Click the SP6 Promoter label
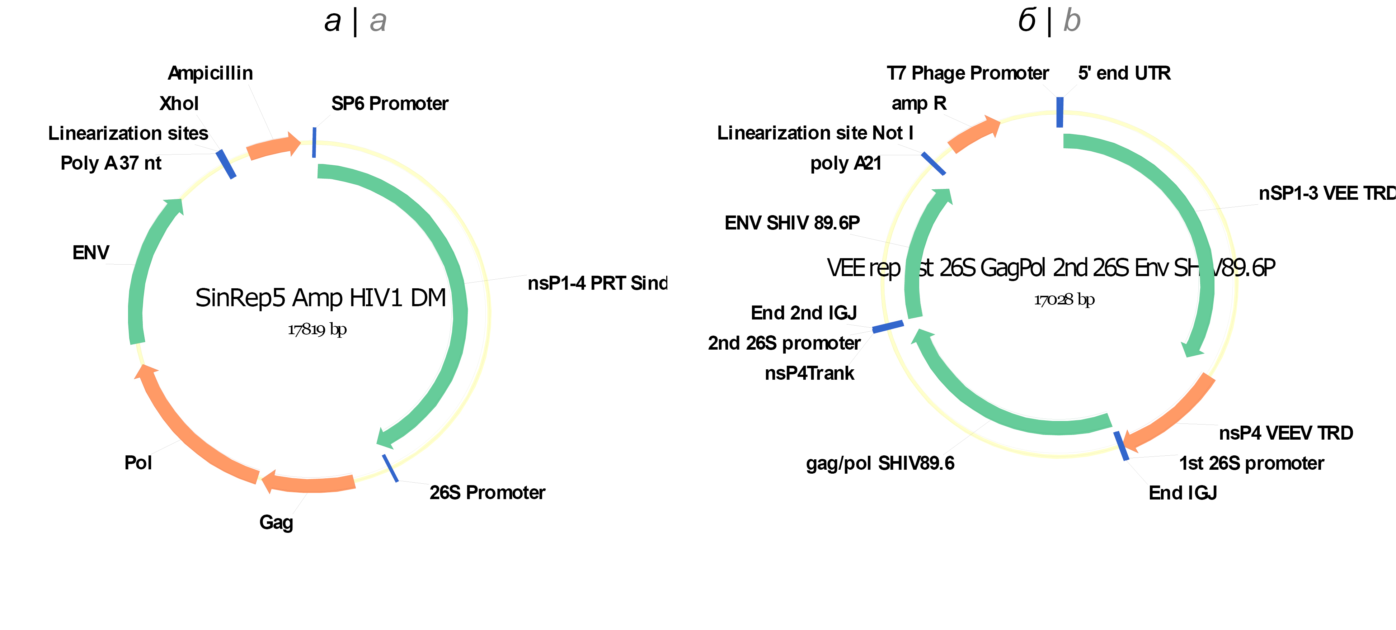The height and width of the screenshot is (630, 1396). pyautogui.click(x=390, y=104)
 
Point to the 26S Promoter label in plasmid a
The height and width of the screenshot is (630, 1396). pyautogui.click(x=487, y=492)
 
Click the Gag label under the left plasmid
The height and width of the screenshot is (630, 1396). pyautogui.click(x=276, y=522)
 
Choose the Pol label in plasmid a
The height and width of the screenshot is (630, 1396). pyautogui.click(x=138, y=463)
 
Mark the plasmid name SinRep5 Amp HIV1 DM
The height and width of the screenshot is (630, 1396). pyautogui.click(x=320, y=298)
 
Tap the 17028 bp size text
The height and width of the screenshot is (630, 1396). pyautogui.click(x=1064, y=299)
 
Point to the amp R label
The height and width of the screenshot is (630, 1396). pyautogui.click(x=918, y=103)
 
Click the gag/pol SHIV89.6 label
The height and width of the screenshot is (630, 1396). pyautogui.click(x=880, y=463)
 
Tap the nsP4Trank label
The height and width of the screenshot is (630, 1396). pyautogui.click(x=809, y=373)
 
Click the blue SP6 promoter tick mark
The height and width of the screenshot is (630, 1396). pyautogui.click(x=314, y=142)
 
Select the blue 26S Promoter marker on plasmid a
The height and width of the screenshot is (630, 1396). pyautogui.click(x=390, y=468)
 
